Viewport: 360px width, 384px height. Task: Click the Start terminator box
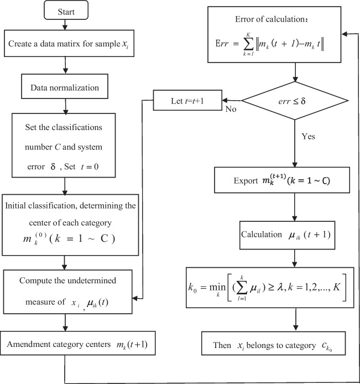point(66,12)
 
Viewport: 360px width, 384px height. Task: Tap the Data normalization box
point(66,87)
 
